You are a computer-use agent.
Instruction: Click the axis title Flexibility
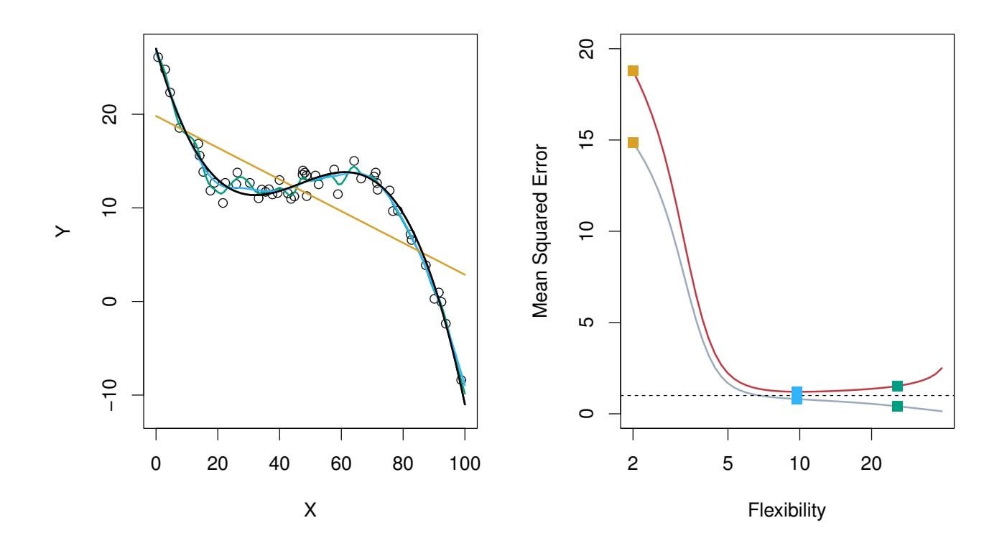point(786,511)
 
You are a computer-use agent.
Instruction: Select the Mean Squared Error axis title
point(540,232)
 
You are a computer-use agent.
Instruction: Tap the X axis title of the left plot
point(310,510)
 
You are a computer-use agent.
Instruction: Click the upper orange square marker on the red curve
point(633,70)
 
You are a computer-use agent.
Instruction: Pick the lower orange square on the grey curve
point(633,142)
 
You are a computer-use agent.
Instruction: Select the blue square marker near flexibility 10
point(797,395)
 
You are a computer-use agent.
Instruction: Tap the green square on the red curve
point(897,387)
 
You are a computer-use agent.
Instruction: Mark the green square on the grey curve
point(897,406)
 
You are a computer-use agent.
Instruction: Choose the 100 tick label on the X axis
point(465,463)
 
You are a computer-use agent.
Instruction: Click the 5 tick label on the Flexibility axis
point(728,463)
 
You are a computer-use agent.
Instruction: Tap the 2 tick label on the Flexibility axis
point(633,463)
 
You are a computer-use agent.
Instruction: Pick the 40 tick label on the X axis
point(279,463)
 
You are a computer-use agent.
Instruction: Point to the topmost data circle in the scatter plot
point(158,57)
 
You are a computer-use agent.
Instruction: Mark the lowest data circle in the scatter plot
point(461,380)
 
